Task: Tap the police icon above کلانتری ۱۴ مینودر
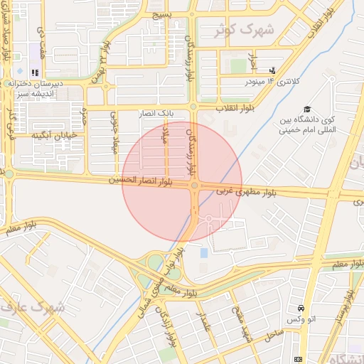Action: pos(272,70)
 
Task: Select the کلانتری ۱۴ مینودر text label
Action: pos(273,82)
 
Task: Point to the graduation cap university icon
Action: pos(307,109)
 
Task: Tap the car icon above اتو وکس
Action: pos(301,309)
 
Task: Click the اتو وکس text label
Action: pos(301,320)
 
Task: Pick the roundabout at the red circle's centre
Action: pos(194,186)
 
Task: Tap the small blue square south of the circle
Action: pos(205,252)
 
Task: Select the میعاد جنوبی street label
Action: pos(114,128)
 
